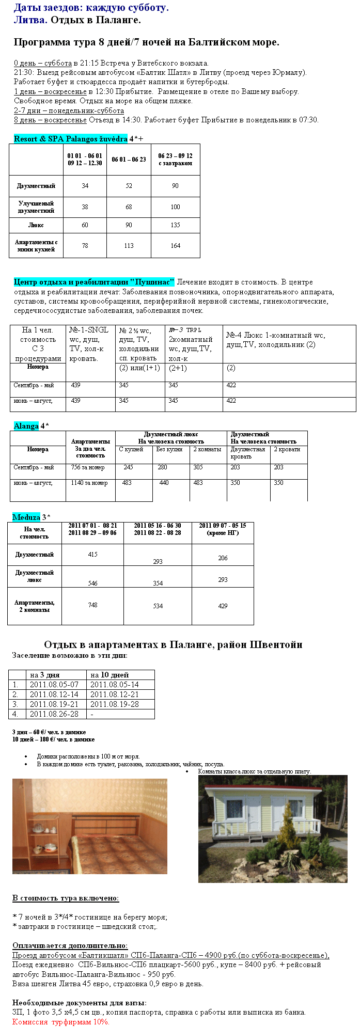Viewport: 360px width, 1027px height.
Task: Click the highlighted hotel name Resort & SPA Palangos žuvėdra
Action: pyautogui.click(x=70, y=139)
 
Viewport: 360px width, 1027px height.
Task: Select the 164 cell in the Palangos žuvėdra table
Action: pyautogui.click(x=175, y=246)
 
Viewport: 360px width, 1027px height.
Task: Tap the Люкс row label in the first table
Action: pyautogui.click(x=36, y=225)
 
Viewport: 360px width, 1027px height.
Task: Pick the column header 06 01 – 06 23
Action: pyautogui.click(x=129, y=160)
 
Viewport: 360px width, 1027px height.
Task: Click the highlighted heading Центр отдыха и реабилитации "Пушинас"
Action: pyautogui.click(x=94, y=282)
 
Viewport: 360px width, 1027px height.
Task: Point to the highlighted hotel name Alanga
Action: pyautogui.click(x=26, y=426)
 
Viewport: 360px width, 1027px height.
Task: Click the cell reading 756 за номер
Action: pyautogui.click(x=88, y=467)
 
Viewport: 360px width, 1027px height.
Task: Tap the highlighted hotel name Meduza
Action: pyautogui.click(x=26, y=517)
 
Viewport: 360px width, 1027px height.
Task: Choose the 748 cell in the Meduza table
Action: pyautogui.click(x=92, y=605)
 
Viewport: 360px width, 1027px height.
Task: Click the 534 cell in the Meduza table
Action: pyautogui.click(x=158, y=606)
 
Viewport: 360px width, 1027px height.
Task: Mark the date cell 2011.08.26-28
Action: pyautogui.click(x=54, y=714)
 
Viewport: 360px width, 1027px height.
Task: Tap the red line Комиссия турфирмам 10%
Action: pyautogui.click(x=61, y=1021)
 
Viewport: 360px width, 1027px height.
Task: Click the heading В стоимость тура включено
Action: pyautogui.click(x=66, y=898)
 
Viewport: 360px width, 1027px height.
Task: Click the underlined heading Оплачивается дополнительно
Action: pyautogui.click(x=70, y=945)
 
